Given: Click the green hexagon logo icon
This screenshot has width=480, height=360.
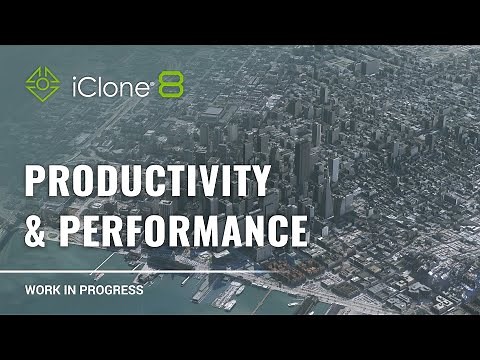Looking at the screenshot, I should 42,83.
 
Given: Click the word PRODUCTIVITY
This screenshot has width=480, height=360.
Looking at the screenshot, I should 147,182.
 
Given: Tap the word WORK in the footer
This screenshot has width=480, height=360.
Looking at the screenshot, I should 42,291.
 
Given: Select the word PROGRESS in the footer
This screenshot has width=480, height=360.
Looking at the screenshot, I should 113,291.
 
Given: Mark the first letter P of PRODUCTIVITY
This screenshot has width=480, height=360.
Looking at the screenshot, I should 34,182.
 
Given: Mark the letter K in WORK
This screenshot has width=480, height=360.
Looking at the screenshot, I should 56,291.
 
